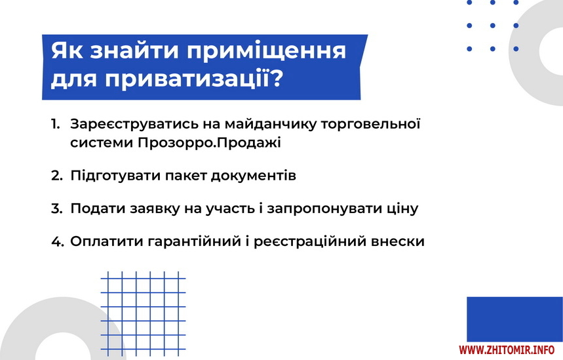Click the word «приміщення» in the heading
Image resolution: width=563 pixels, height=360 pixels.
click(x=266, y=51)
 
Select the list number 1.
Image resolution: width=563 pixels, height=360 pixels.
click(x=55, y=124)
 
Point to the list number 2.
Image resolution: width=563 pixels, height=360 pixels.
click(x=57, y=176)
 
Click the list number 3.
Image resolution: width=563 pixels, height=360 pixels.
click(x=57, y=209)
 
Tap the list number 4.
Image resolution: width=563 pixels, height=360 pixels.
click(x=58, y=241)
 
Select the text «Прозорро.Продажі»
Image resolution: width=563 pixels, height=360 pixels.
click(x=209, y=143)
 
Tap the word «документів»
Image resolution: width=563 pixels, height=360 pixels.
click(x=253, y=176)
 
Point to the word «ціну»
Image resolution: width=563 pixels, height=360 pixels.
click(x=402, y=209)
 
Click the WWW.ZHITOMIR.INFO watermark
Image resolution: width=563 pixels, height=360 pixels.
click(x=507, y=350)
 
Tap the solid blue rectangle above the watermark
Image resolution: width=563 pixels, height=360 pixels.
click(x=514, y=319)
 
